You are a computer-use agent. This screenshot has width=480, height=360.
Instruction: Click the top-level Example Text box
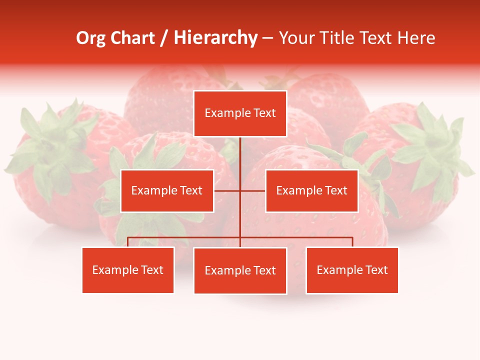[240, 113]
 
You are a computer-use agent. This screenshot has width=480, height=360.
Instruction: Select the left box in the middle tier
[167, 190]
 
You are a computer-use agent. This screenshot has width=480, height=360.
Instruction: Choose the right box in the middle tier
[311, 190]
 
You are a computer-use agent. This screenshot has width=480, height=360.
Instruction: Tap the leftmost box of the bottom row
[128, 270]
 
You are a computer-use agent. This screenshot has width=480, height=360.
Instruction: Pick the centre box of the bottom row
[240, 270]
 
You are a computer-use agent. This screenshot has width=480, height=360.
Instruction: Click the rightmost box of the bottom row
[352, 270]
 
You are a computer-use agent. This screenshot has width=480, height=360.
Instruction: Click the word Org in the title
[90, 38]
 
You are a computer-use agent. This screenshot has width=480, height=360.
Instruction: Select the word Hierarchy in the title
[215, 38]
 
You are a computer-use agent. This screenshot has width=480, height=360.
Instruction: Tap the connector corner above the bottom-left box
[128, 238]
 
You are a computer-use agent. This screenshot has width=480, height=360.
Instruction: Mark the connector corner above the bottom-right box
[352, 238]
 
